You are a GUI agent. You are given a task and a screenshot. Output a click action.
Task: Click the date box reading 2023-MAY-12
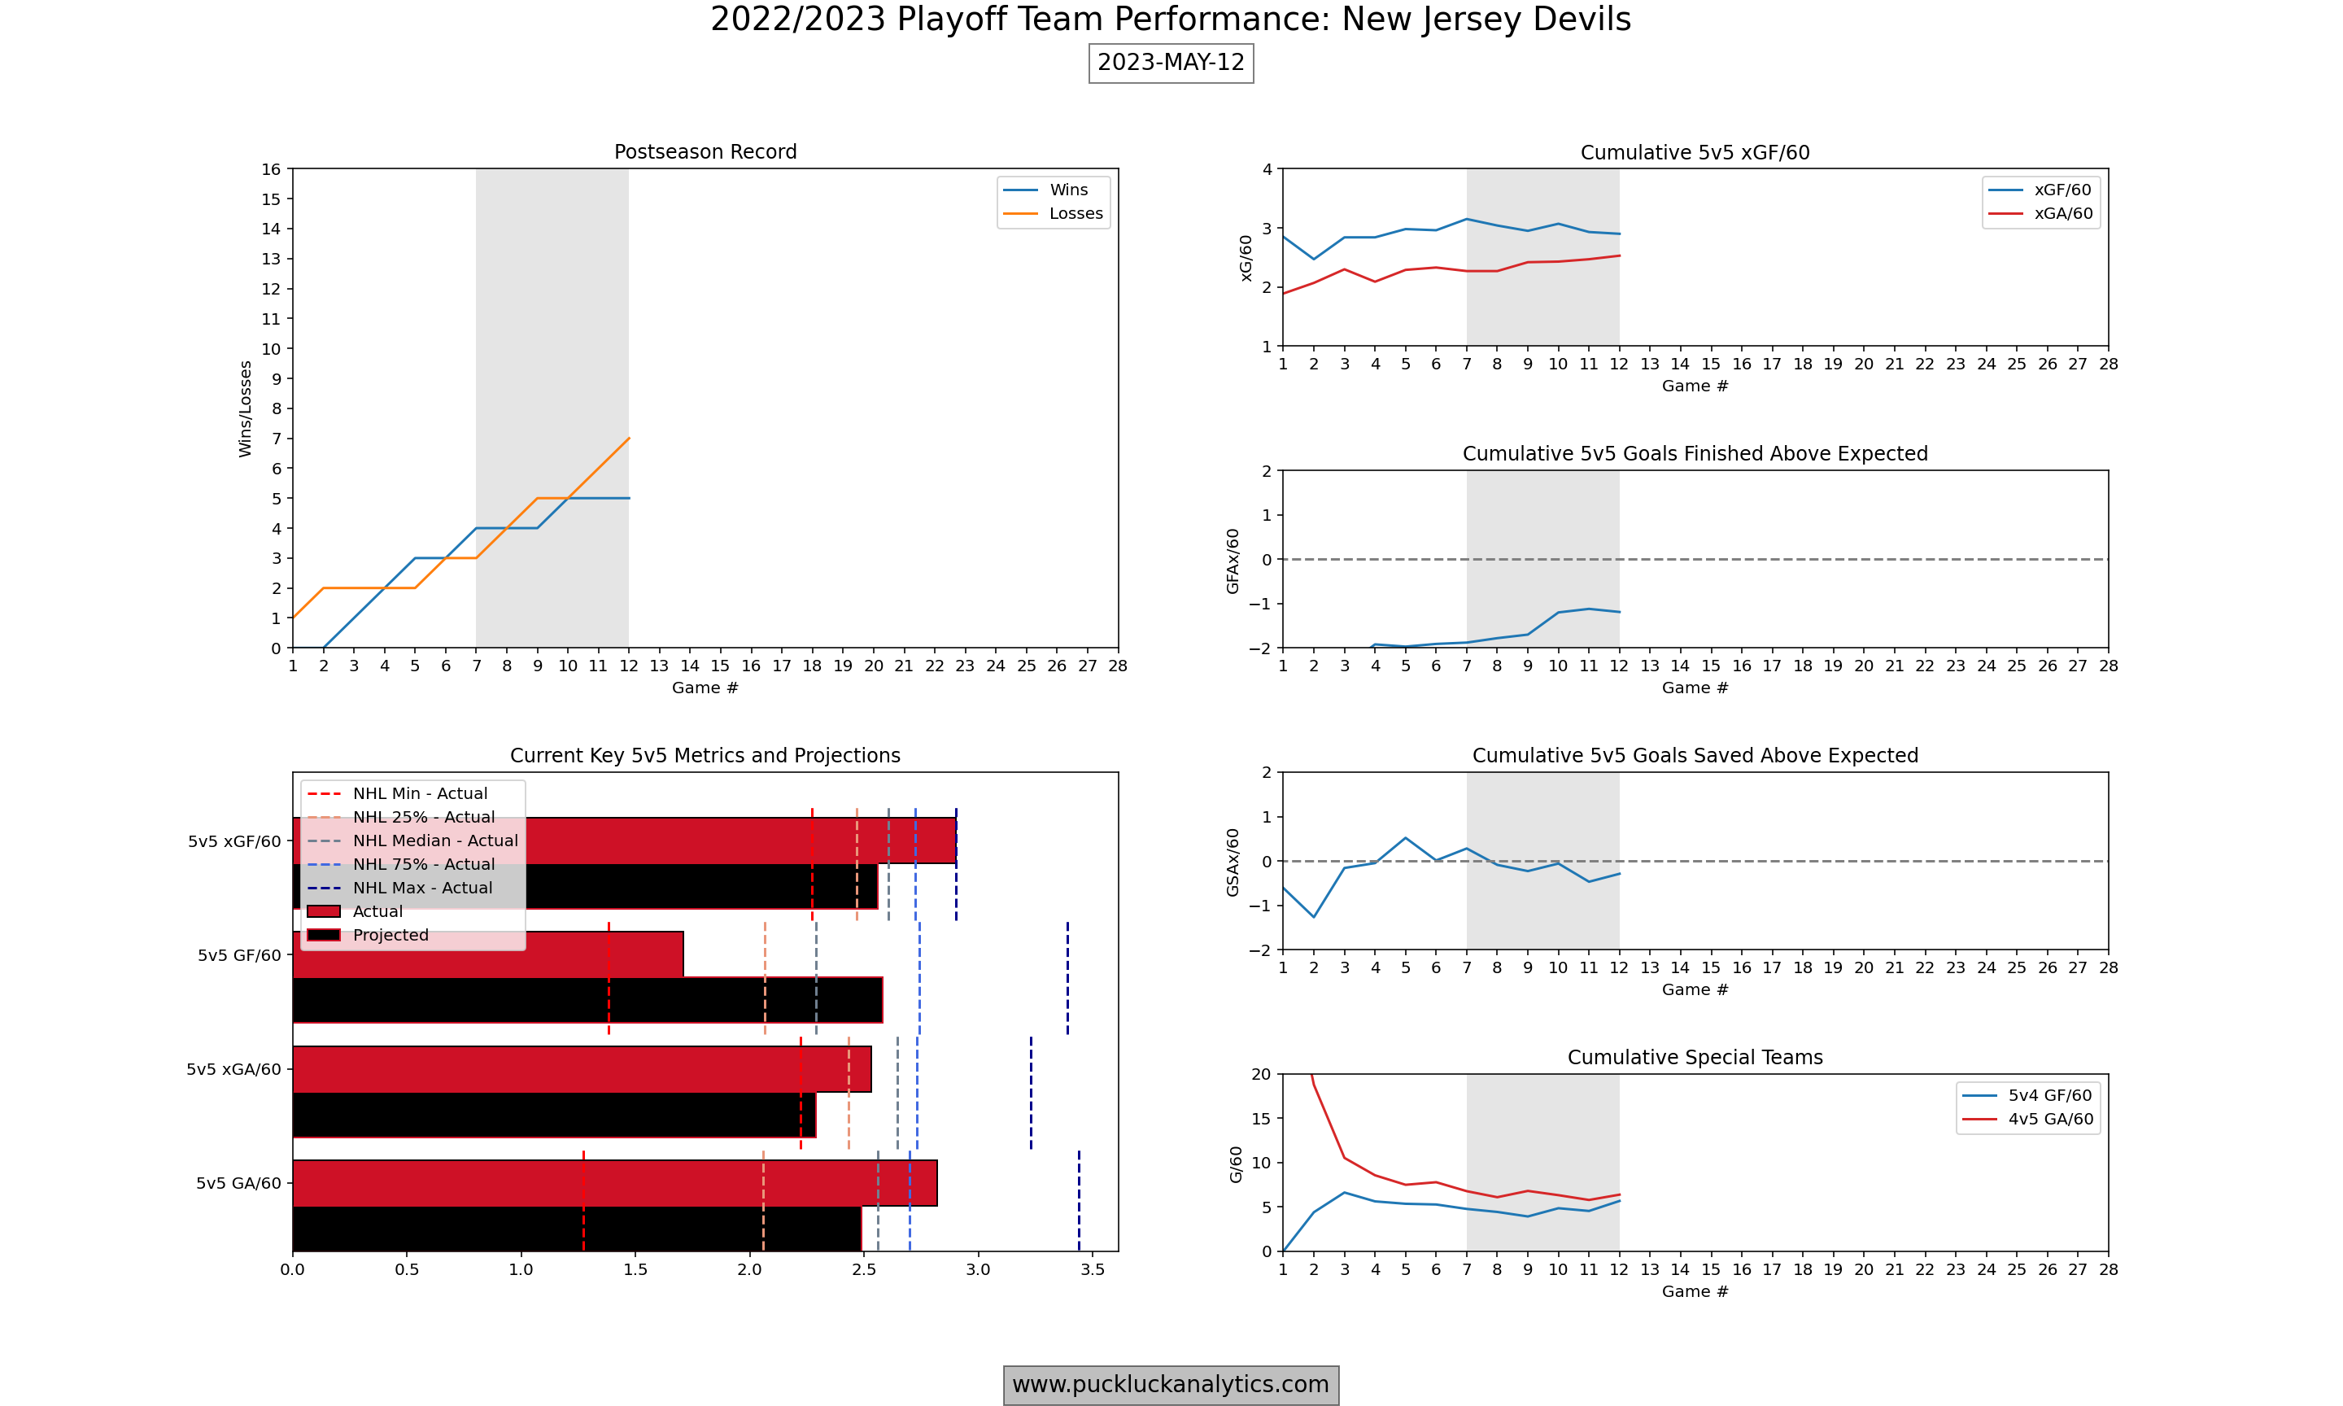coord(1171,63)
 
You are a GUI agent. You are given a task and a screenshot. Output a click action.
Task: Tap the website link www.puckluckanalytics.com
coord(1171,1384)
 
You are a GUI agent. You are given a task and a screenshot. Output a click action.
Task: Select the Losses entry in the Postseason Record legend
coord(1075,214)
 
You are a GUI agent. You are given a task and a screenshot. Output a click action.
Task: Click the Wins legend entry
coord(1068,190)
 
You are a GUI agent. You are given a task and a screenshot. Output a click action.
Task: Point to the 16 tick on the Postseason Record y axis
coord(272,169)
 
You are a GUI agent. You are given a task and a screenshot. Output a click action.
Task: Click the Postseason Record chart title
coord(705,151)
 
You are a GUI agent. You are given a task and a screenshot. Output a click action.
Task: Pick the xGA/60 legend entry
coord(2062,214)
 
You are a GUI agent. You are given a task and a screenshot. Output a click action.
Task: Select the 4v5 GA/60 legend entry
coord(2049,1119)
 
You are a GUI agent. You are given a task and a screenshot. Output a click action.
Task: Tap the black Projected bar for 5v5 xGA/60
coord(553,1116)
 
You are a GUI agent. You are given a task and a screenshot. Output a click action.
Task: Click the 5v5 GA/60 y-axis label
coord(238,1183)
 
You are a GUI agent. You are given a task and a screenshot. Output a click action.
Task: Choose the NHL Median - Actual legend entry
coord(434,841)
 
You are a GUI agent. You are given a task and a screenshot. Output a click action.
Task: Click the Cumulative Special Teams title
coord(1695,1057)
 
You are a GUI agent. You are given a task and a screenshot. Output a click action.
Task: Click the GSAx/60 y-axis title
coord(1233,862)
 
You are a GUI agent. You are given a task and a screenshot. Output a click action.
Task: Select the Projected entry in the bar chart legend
coord(390,935)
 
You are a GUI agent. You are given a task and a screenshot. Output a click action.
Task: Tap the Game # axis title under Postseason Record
coord(705,688)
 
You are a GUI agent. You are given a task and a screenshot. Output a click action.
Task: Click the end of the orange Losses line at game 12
coord(629,439)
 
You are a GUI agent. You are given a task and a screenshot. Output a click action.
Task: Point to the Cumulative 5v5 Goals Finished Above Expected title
coord(1695,454)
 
